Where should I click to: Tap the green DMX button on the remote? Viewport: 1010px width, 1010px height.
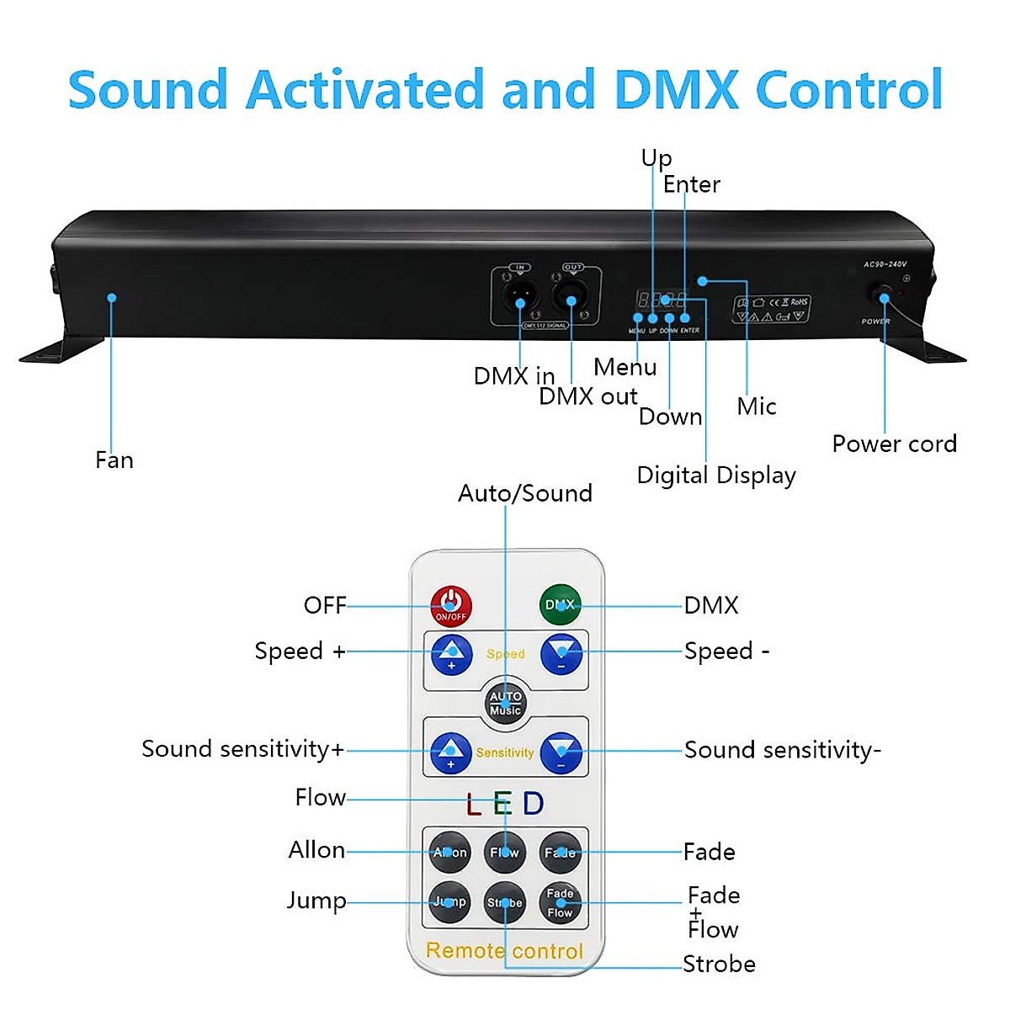pos(560,605)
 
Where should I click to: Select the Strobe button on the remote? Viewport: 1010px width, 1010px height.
pos(505,903)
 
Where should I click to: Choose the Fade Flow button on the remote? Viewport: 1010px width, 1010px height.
pos(560,903)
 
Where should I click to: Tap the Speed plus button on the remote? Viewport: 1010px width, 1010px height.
pos(451,653)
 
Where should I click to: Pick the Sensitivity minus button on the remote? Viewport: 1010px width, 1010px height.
pos(561,752)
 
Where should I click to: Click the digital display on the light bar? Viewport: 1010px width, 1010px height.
pos(662,299)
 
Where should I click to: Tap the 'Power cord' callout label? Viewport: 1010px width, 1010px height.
pos(894,444)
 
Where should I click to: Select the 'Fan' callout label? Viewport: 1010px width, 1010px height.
pos(114,460)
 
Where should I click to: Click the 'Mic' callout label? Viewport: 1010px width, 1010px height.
pos(756,407)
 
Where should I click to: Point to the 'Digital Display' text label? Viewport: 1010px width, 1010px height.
pos(715,476)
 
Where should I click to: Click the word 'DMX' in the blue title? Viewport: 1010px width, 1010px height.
pos(678,89)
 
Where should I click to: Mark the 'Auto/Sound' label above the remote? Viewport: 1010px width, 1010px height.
pos(524,493)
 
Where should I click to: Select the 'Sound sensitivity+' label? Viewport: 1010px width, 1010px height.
pos(242,749)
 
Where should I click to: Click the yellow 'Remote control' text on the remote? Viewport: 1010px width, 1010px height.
pos(504,951)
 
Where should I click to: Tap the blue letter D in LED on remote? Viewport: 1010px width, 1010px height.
pos(534,804)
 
